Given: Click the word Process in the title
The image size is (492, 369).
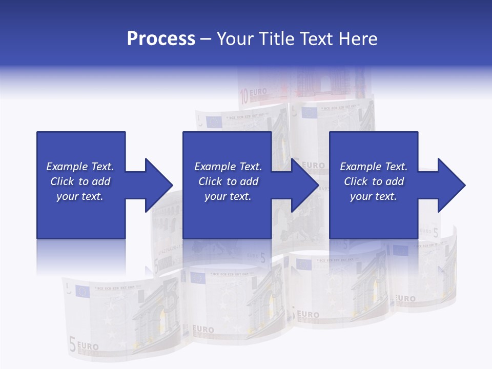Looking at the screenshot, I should pyautogui.click(x=161, y=39).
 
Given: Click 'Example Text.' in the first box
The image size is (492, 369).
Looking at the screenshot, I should pyautogui.click(x=80, y=167).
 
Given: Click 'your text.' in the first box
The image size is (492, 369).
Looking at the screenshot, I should pyautogui.click(x=80, y=196).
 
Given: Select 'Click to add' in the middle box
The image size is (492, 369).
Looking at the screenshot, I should pyautogui.click(x=228, y=181).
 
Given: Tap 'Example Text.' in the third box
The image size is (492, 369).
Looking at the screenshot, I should pyautogui.click(x=374, y=167).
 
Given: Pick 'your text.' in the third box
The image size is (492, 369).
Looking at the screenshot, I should pyautogui.click(x=374, y=196).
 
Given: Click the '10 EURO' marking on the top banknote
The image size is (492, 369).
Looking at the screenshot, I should pyautogui.click(x=254, y=95).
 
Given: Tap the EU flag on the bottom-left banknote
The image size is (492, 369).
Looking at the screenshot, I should pyautogui.click(x=82, y=292).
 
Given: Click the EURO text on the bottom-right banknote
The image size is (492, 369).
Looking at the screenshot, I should pyautogui.click(x=406, y=298).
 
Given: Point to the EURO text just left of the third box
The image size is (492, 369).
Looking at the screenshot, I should pyautogui.click(x=313, y=166).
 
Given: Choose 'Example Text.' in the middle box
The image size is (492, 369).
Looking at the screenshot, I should pyautogui.click(x=228, y=167).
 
